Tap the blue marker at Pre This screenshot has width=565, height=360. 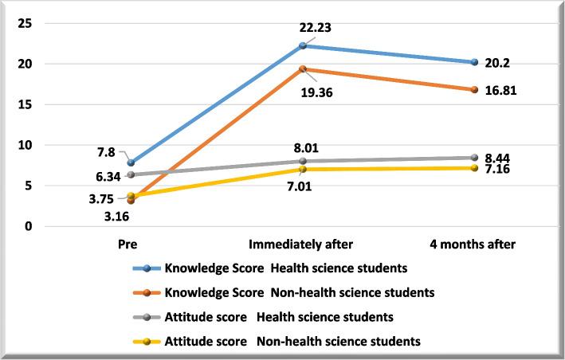point(131,162)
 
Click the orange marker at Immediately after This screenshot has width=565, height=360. point(302,69)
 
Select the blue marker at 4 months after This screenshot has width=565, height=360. point(474,62)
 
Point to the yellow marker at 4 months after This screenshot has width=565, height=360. point(474,168)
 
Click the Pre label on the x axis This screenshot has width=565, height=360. point(131,245)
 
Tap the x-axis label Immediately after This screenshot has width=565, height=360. point(302,245)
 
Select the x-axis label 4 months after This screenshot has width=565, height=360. point(474,245)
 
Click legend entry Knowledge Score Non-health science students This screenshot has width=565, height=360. point(299,292)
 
